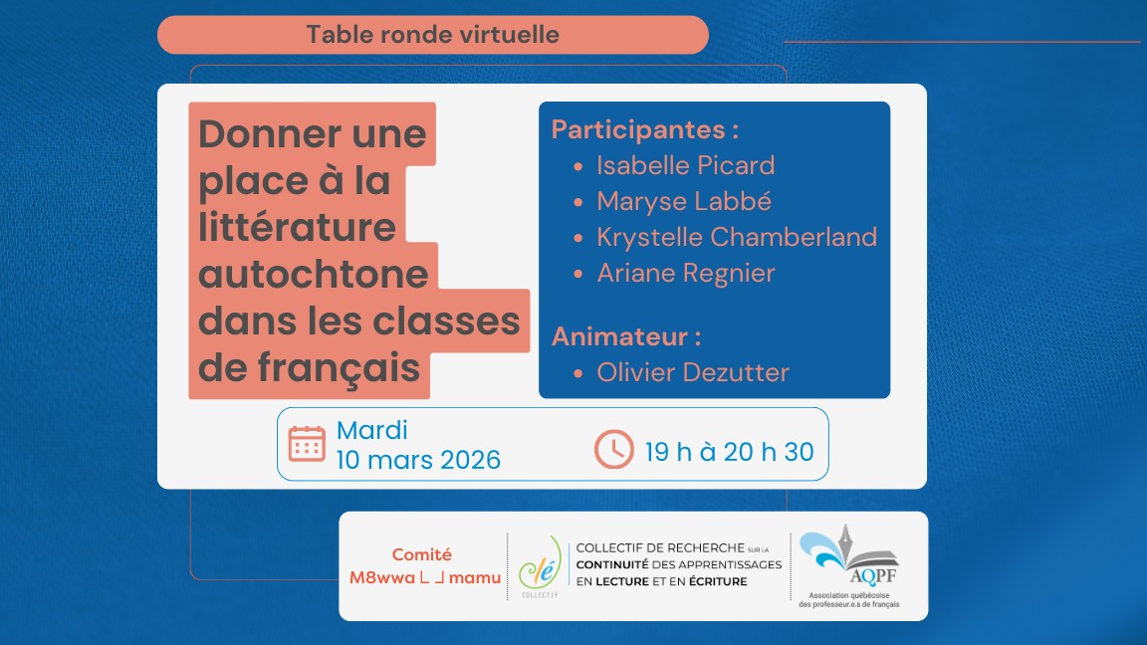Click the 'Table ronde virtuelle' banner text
[x=432, y=35]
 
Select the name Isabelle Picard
[x=685, y=165]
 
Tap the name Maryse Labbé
[x=684, y=201]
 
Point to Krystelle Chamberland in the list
[x=737, y=237]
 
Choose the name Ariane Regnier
[x=685, y=273]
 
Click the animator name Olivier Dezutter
[x=693, y=372]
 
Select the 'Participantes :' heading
[x=645, y=130]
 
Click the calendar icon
[x=307, y=444]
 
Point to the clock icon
[x=613, y=449]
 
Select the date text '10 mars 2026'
[x=418, y=460]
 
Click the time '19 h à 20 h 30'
[x=729, y=452]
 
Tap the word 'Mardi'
[x=372, y=430]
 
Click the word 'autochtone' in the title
[x=314, y=274]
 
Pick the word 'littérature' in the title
[x=297, y=227]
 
